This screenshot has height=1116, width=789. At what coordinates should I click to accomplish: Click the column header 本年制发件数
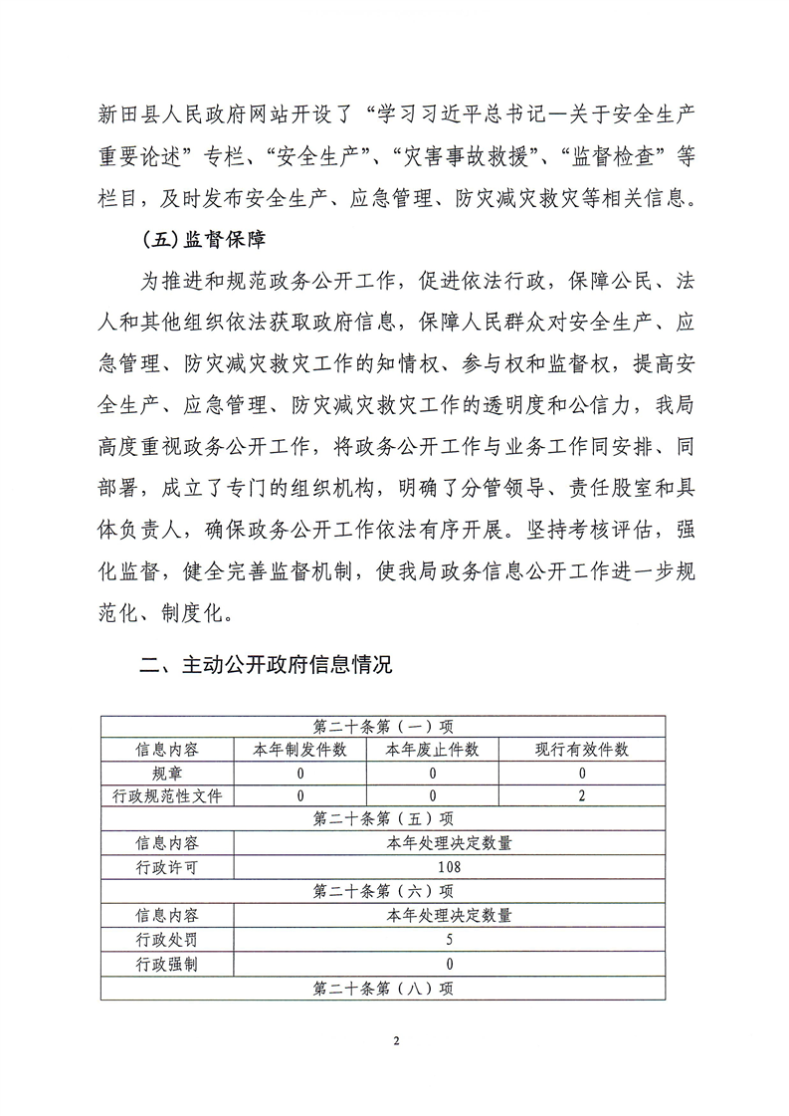pos(298,750)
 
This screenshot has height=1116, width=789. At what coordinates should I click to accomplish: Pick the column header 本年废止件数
pos(433,750)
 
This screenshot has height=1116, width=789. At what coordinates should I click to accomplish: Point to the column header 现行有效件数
pos(582,750)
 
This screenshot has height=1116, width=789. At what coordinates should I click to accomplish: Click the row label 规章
pos(166,773)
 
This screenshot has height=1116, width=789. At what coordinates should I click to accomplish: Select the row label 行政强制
pos(166,963)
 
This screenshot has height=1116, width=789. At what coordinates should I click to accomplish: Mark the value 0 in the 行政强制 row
pos(449,963)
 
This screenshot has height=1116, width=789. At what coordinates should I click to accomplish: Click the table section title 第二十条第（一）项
pos(383,726)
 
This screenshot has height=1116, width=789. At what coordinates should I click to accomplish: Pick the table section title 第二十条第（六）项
pos(383,891)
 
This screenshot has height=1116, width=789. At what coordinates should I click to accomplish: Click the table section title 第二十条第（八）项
pos(383,987)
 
